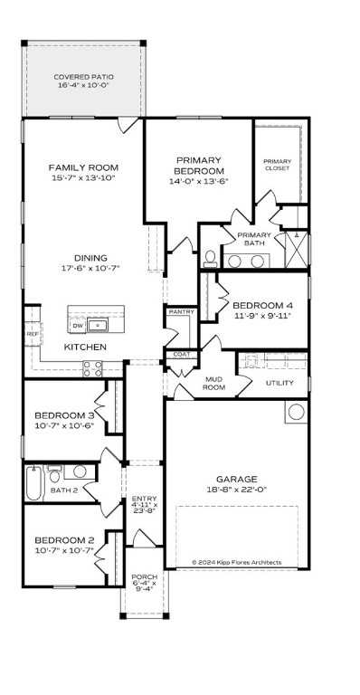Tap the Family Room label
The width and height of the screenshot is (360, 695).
pyautogui.click(x=83, y=167)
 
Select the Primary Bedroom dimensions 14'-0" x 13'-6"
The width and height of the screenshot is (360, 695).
pyautogui.click(x=199, y=181)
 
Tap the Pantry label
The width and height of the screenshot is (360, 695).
pyautogui.click(x=176, y=312)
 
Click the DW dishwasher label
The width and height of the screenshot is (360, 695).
pyautogui.click(x=77, y=326)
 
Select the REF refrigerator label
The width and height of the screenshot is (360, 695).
pyautogui.click(x=32, y=334)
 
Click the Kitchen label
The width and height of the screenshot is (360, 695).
pyautogui.click(x=85, y=347)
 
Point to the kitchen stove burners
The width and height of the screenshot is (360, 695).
pyautogui.click(x=92, y=368)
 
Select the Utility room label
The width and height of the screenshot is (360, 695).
pyautogui.click(x=279, y=383)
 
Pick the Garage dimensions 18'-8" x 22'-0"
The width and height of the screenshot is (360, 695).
pyautogui.click(x=237, y=490)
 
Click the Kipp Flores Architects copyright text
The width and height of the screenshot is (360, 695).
pyautogui.click(x=236, y=562)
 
